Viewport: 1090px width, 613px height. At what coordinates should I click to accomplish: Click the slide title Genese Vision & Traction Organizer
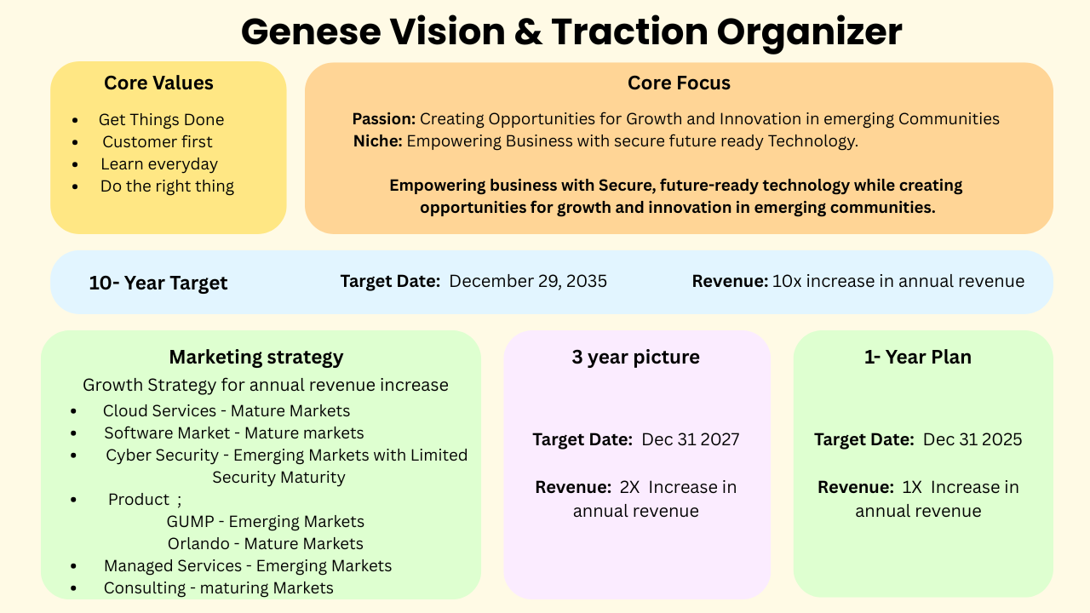point(571,32)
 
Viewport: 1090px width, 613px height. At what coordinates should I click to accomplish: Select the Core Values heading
point(158,83)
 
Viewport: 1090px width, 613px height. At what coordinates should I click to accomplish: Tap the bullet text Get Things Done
point(161,120)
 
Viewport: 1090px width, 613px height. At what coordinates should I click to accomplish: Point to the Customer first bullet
point(158,142)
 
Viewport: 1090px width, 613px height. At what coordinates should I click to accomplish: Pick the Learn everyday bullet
point(159,164)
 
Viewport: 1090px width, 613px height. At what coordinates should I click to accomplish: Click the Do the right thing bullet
point(167,186)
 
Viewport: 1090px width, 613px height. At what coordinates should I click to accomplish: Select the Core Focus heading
point(679,83)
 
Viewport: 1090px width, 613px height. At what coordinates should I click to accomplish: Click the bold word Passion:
point(383,119)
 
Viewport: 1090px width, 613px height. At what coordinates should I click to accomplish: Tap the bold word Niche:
point(377,141)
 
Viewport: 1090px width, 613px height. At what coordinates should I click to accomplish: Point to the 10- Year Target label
point(158,283)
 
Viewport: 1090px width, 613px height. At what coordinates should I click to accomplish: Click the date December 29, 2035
point(528,281)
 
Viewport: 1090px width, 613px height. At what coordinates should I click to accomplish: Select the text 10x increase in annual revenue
point(898,281)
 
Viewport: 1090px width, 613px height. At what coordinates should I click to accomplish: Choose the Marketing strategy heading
point(256,357)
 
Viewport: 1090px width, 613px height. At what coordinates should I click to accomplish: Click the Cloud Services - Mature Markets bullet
point(227,411)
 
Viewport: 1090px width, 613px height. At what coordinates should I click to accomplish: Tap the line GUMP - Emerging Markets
point(266,522)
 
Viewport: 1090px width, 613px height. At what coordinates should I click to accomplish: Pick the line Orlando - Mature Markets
point(266,544)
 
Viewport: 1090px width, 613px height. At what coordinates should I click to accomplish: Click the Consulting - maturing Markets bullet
point(219,588)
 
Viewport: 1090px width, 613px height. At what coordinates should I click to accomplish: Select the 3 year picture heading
point(636,357)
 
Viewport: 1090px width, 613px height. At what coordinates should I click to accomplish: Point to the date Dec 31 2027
point(691,439)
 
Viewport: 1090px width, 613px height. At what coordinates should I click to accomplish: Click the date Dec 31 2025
point(972,439)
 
